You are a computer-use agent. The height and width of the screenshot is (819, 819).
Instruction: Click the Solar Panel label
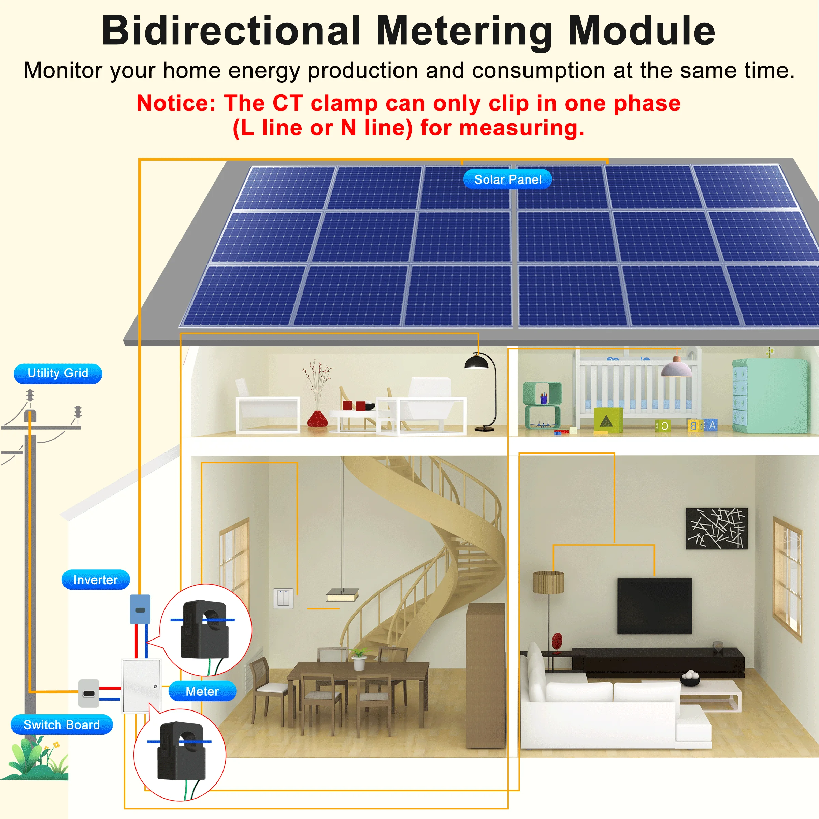(507, 179)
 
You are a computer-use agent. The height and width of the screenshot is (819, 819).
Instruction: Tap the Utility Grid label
(58, 373)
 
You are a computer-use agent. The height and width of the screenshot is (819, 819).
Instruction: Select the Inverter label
(96, 579)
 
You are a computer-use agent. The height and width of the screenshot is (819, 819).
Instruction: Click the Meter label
(202, 691)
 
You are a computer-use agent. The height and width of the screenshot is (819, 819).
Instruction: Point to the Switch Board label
(61, 725)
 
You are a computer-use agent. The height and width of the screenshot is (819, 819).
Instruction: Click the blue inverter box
(140, 609)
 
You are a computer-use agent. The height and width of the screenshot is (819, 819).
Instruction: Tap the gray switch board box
(89, 693)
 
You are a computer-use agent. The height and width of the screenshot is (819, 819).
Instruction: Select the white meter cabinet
(141, 686)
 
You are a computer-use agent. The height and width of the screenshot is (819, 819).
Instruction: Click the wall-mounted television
(654, 606)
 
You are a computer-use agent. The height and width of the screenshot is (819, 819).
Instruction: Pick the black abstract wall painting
(716, 529)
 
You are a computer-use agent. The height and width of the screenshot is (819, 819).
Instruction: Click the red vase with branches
(317, 418)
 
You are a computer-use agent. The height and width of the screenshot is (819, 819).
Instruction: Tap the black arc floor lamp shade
(477, 362)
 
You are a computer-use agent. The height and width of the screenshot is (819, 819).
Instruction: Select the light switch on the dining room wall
(283, 598)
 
